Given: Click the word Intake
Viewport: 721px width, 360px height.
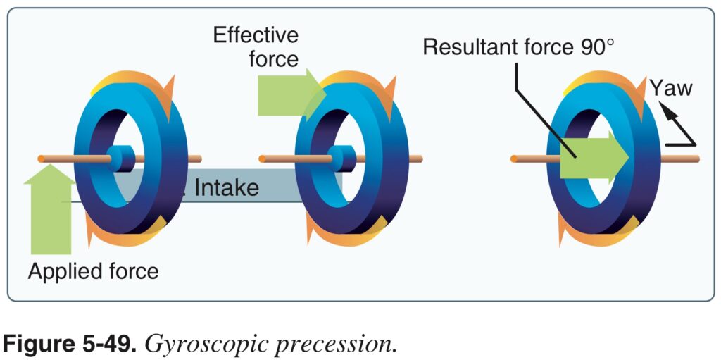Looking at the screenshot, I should [226, 188].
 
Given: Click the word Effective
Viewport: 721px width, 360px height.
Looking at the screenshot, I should [256, 35].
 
